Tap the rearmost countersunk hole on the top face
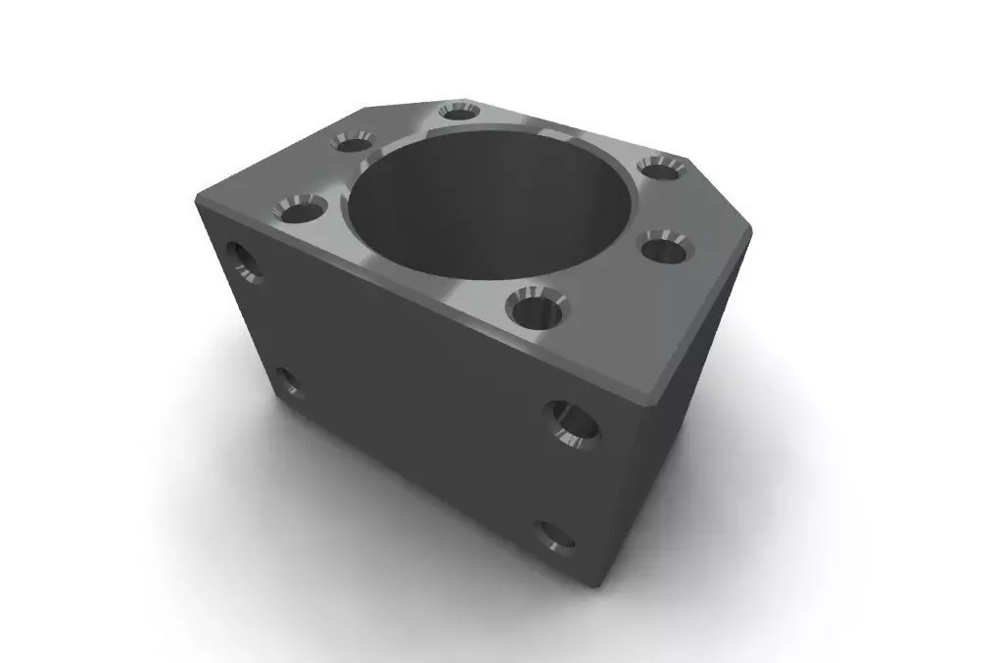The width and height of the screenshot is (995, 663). [458, 111]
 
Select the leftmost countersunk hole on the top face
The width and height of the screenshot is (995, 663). [299, 208]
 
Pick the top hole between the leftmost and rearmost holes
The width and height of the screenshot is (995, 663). [351, 142]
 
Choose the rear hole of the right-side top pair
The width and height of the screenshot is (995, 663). [660, 167]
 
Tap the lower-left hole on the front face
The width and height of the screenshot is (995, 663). [287, 383]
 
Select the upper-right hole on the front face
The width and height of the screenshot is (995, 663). [573, 423]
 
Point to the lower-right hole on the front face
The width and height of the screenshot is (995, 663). [555, 537]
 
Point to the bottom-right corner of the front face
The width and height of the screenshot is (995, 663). [598, 586]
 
